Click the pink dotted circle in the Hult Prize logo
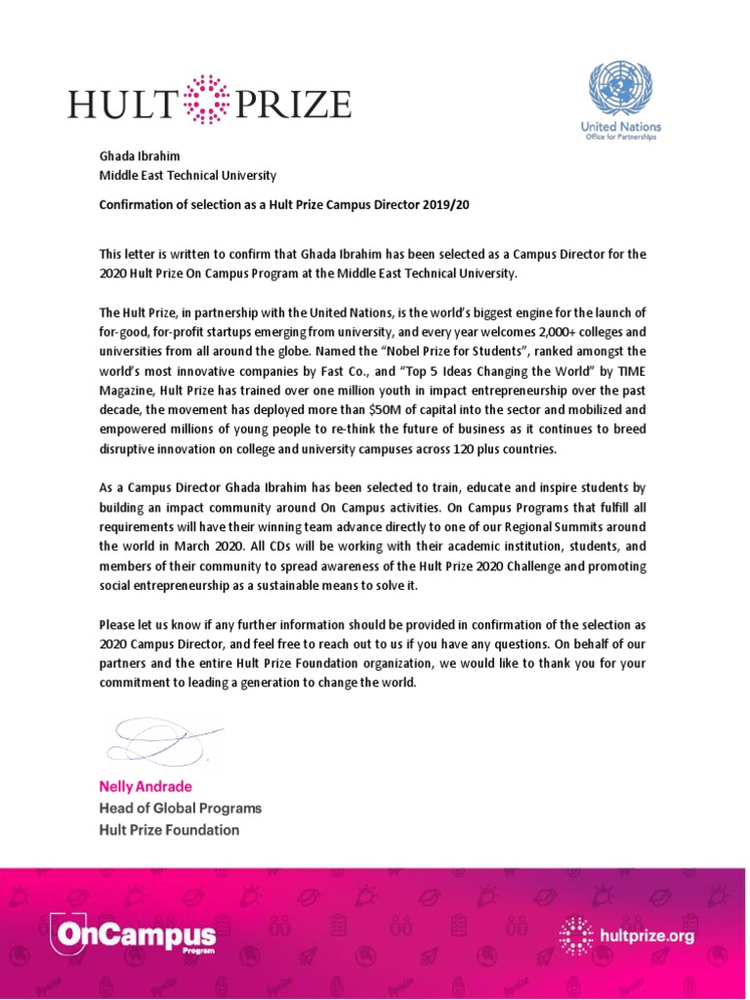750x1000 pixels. [x=206, y=102]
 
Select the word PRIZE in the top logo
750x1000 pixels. [x=291, y=103]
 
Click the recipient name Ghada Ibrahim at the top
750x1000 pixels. [x=140, y=156]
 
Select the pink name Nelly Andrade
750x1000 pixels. [x=145, y=786]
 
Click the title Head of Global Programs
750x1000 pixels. [x=180, y=809]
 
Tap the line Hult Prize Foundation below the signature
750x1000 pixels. [x=169, y=830]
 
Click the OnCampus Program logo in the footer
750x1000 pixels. [x=136, y=937]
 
